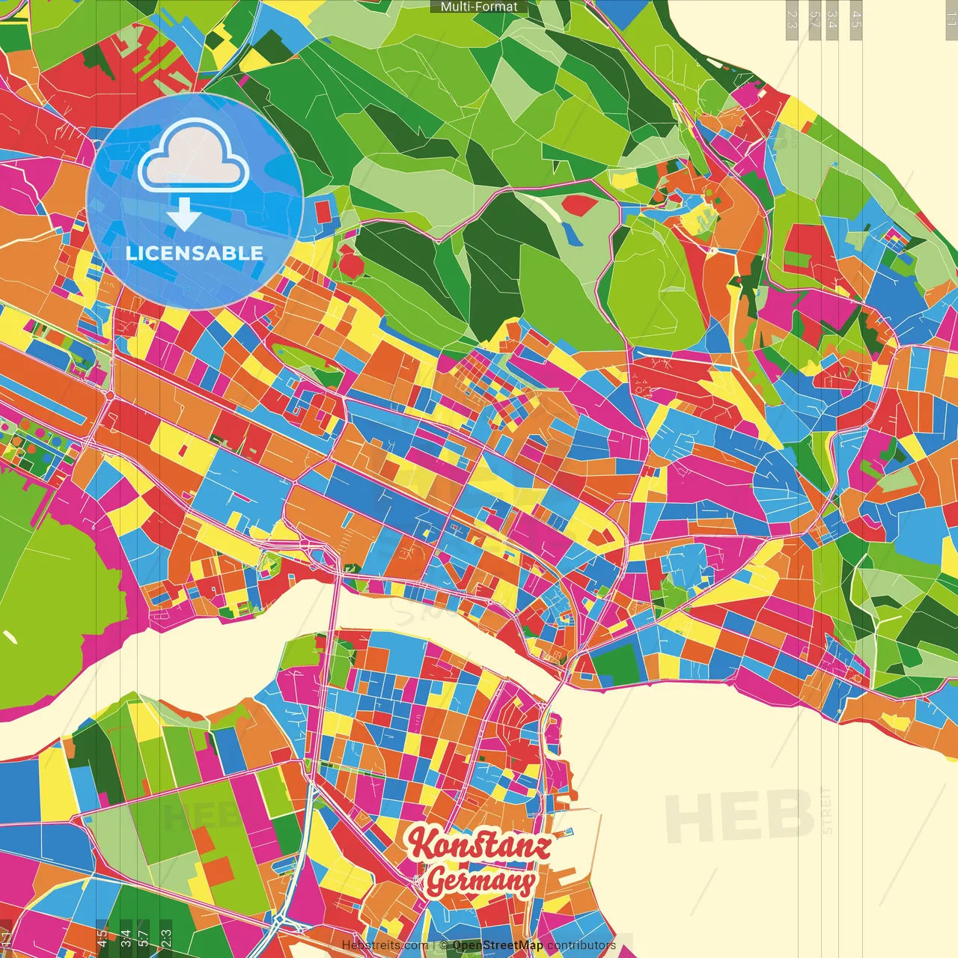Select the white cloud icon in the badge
click(x=194, y=158)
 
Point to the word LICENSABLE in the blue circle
click(x=195, y=253)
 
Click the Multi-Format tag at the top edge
click(x=479, y=7)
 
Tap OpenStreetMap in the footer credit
click(x=498, y=945)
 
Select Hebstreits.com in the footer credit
click(x=385, y=945)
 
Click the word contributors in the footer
click(x=582, y=945)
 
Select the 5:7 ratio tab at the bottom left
click(x=143, y=938)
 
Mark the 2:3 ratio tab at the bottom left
click(x=166, y=938)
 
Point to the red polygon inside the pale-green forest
click(x=580, y=204)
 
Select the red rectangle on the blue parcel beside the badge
click(x=323, y=212)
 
